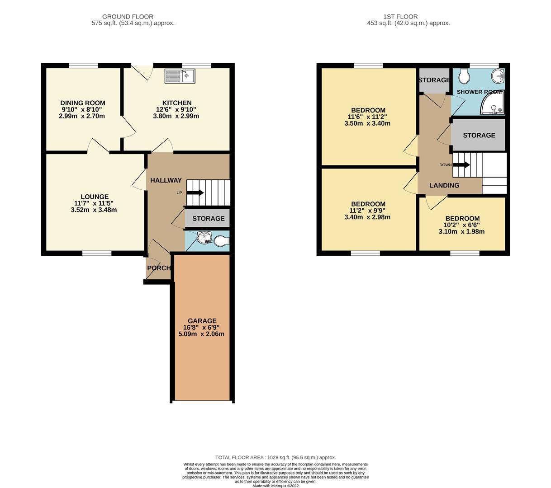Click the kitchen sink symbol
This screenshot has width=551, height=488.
(x=180, y=76)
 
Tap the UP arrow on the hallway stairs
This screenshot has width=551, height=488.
(x=195, y=193)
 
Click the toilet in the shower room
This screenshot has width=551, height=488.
(x=464, y=77)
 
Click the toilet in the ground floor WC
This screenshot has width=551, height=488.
(x=221, y=241)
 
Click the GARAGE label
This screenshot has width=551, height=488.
(x=202, y=321)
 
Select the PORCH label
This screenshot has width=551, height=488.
(x=159, y=268)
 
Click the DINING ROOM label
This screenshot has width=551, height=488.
(x=83, y=103)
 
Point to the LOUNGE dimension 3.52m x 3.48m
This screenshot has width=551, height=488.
(x=94, y=210)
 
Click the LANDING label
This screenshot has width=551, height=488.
(x=444, y=185)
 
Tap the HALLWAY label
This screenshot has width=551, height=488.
(x=166, y=180)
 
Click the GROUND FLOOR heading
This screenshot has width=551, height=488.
(x=128, y=17)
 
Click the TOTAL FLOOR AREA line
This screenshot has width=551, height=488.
(x=275, y=457)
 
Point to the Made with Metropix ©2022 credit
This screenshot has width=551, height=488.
(x=275, y=486)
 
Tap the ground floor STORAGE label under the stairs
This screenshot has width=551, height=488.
(x=208, y=219)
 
